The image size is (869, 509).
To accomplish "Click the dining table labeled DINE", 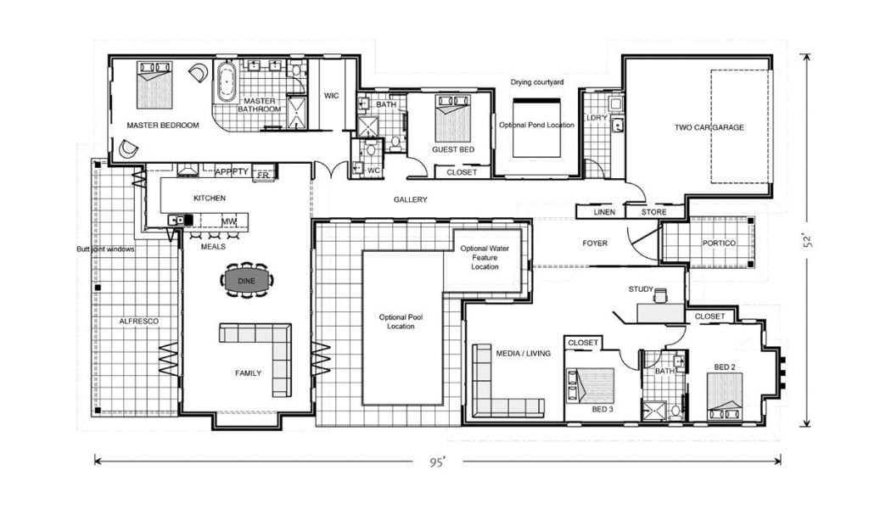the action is tap(247, 281).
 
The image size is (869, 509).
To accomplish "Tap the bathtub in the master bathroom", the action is tap(226, 81).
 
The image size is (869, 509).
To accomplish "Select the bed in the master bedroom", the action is tap(155, 85).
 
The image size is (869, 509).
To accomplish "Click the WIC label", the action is tap(332, 96).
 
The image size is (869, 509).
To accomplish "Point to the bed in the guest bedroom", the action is tap(453, 118).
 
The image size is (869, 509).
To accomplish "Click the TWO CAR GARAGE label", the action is tap(709, 127).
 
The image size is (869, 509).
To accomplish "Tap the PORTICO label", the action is tap(719, 243).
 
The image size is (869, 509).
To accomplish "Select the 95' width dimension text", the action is tap(438, 461).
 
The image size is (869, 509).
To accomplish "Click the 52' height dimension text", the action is tap(808, 240).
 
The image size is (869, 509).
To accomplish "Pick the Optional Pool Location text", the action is tap(401, 322).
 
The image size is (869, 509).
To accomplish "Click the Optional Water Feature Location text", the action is tap(485, 258).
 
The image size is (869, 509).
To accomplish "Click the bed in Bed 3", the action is tap(591, 385).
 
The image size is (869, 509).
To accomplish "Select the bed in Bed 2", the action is tap(725, 396).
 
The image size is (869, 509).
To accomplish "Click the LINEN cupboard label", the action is tap(604, 212).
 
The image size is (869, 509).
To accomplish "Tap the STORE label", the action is tap(654, 212).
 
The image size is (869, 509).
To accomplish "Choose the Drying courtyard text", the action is tap(537, 82).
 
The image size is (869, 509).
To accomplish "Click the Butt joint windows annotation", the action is tap(105, 249).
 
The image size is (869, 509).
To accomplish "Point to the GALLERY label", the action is tap(410, 199).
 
